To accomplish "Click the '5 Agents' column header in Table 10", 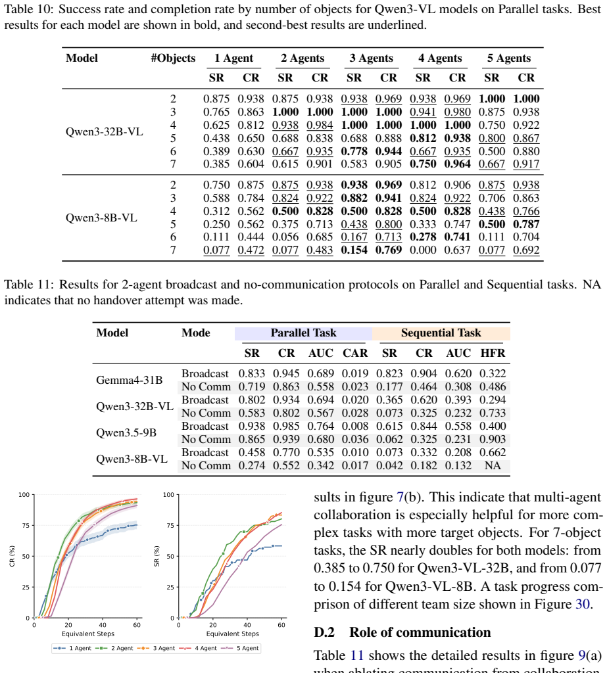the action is click(509, 58).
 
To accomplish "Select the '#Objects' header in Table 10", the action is click(173, 58).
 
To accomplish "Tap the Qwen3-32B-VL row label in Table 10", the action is click(105, 131).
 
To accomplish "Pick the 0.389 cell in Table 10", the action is click(216, 151).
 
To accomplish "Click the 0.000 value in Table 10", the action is click(423, 250).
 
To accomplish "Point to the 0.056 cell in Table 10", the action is click(285, 237).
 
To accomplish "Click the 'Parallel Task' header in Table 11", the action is click(303, 333).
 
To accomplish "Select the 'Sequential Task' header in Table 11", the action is click(441, 333).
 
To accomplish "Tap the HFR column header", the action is click(493, 353).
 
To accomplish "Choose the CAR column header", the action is click(355, 353).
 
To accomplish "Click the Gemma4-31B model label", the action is click(130, 380).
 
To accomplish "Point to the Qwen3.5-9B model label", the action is click(126, 432).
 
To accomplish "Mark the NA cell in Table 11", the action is click(493, 466).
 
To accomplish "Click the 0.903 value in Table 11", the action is click(493, 440).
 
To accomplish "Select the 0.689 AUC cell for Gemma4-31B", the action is click(320, 373).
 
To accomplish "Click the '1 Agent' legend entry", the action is click(72, 648).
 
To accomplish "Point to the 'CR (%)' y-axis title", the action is click(12, 556).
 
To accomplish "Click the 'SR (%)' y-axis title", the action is click(157, 556).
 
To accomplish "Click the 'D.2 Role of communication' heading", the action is click(402, 632).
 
